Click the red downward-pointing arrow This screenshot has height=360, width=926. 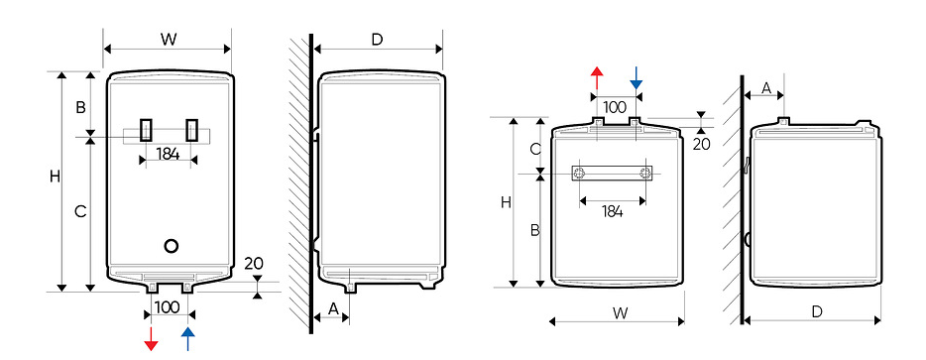pyautogui.click(x=151, y=339)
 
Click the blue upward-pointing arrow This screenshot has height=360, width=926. pyautogui.click(x=187, y=339)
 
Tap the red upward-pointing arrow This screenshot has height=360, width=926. pyautogui.click(x=598, y=77)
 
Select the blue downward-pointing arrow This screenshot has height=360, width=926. pyautogui.click(x=637, y=77)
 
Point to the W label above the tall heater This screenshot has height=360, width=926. pyautogui.click(x=169, y=40)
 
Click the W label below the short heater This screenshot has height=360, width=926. pyautogui.click(x=620, y=312)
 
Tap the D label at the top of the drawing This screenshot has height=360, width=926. pyautogui.click(x=377, y=40)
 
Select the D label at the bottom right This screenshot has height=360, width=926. pyautogui.click(x=817, y=311)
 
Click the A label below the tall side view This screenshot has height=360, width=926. pyautogui.click(x=333, y=308)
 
